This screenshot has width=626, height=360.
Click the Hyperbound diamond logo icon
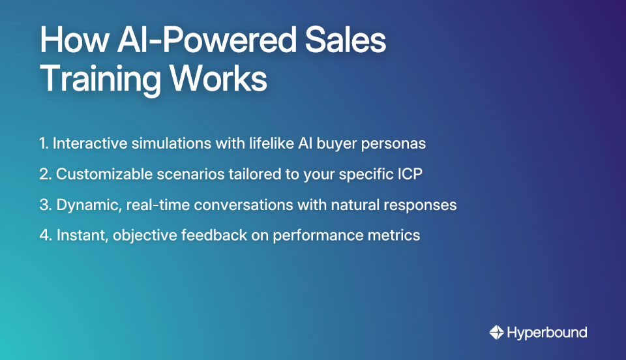pyautogui.click(x=497, y=333)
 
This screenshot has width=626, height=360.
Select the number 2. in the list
pyautogui.click(x=45, y=174)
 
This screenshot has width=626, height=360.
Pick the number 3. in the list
pyautogui.click(x=45, y=205)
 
